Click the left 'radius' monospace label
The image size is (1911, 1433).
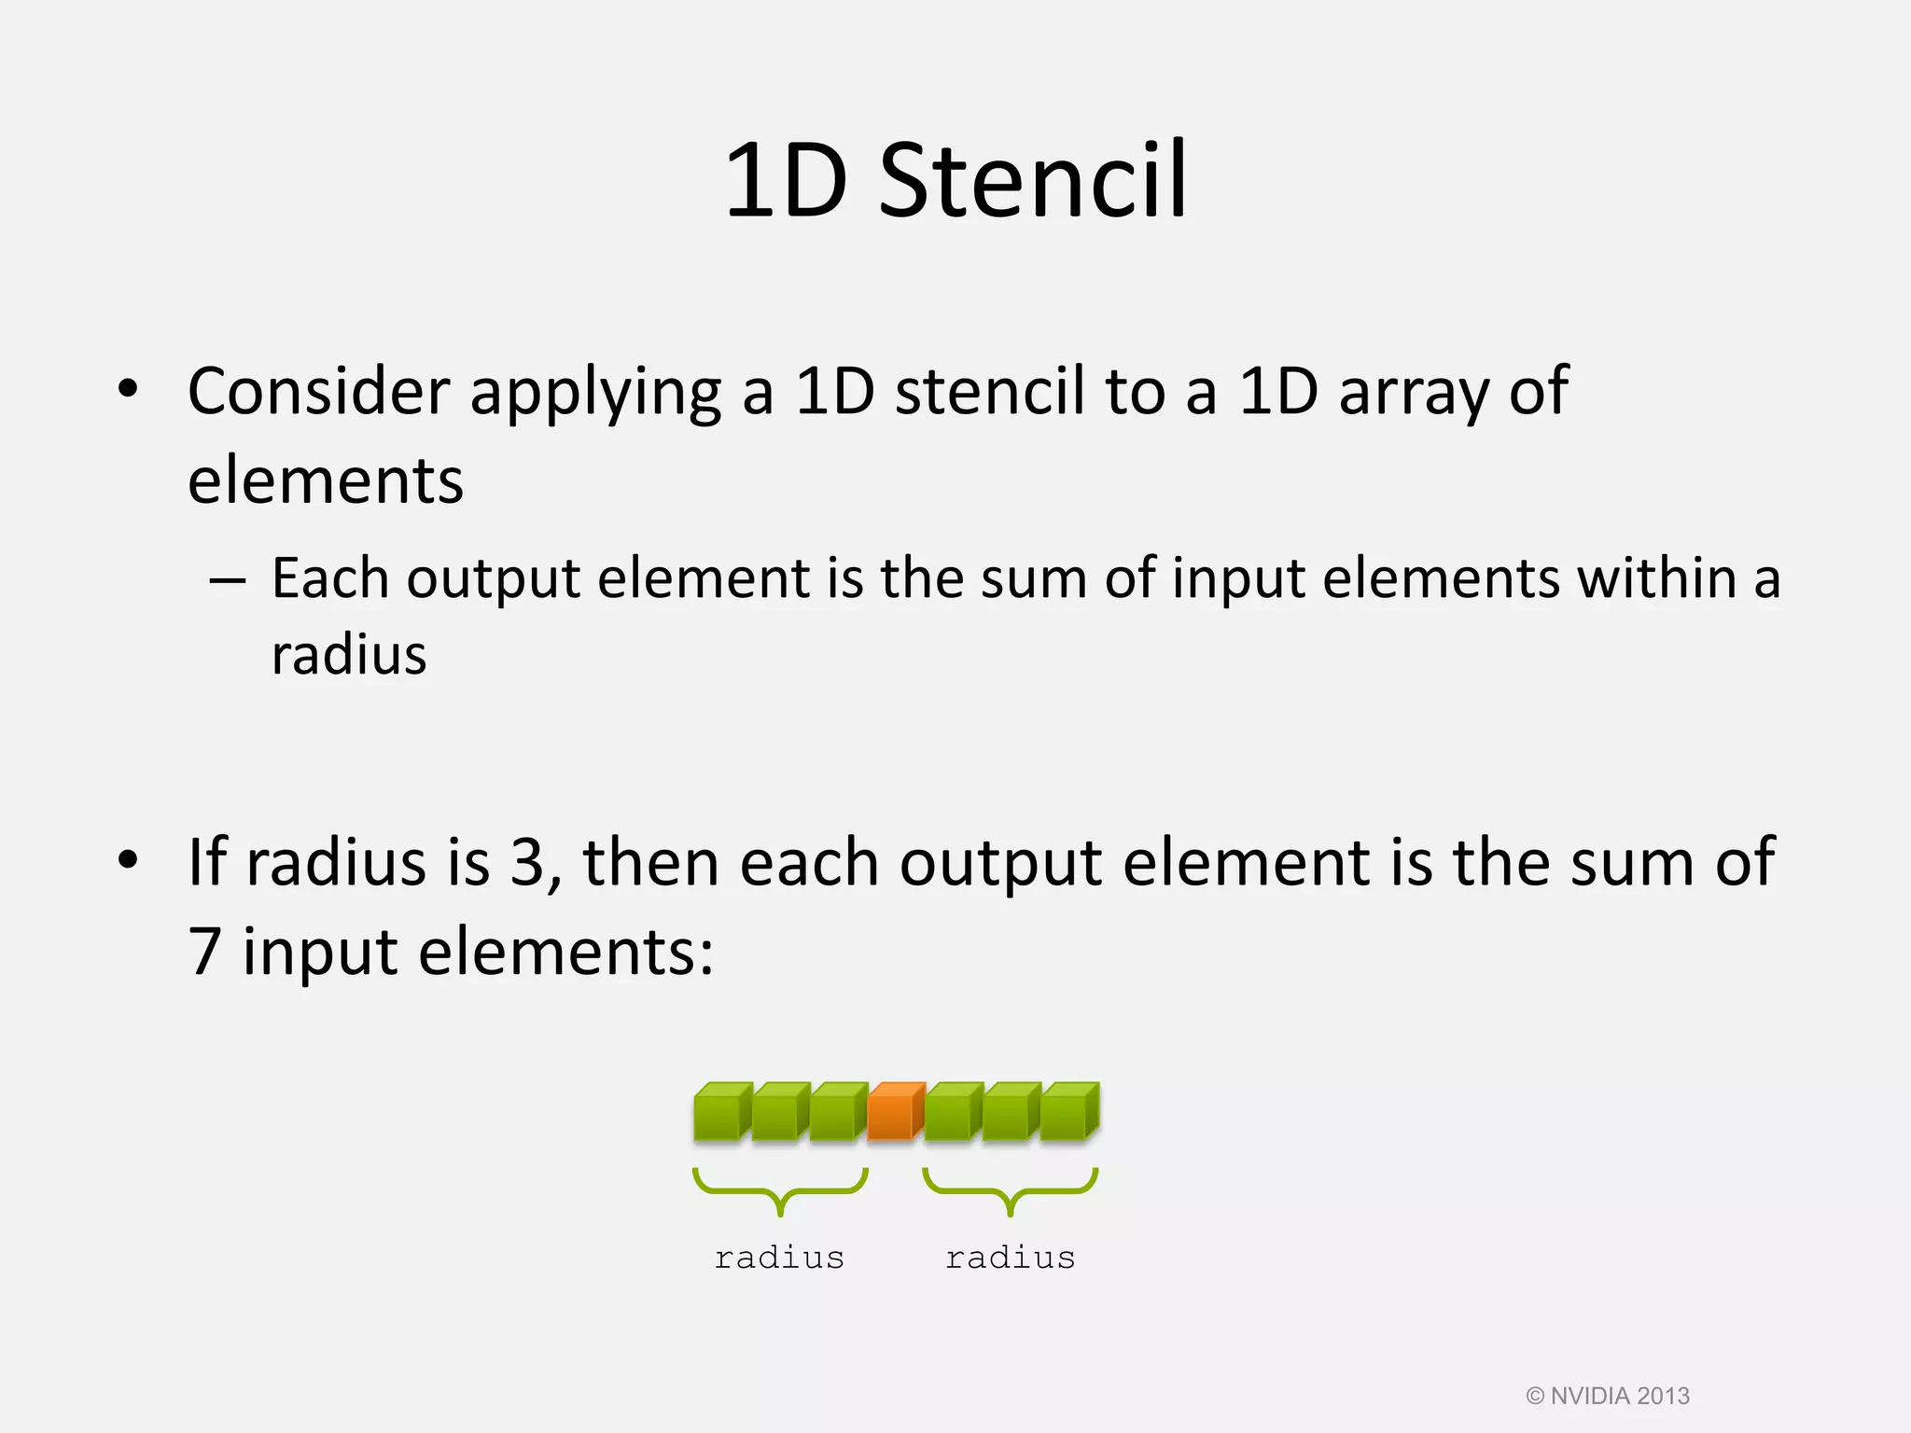(x=779, y=1258)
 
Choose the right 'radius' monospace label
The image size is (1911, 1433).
(x=1010, y=1258)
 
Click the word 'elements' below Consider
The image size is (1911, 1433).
(x=326, y=481)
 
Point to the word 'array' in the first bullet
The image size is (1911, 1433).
(x=1414, y=392)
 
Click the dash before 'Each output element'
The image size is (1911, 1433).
(x=228, y=580)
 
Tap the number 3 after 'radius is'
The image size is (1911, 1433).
(x=528, y=862)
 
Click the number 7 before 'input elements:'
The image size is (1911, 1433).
(x=205, y=952)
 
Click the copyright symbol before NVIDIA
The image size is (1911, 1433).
(x=1535, y=1396)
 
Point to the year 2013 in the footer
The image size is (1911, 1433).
(x=1664, y=1396)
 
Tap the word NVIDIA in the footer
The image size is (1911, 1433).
(x=1590, y=1396)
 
